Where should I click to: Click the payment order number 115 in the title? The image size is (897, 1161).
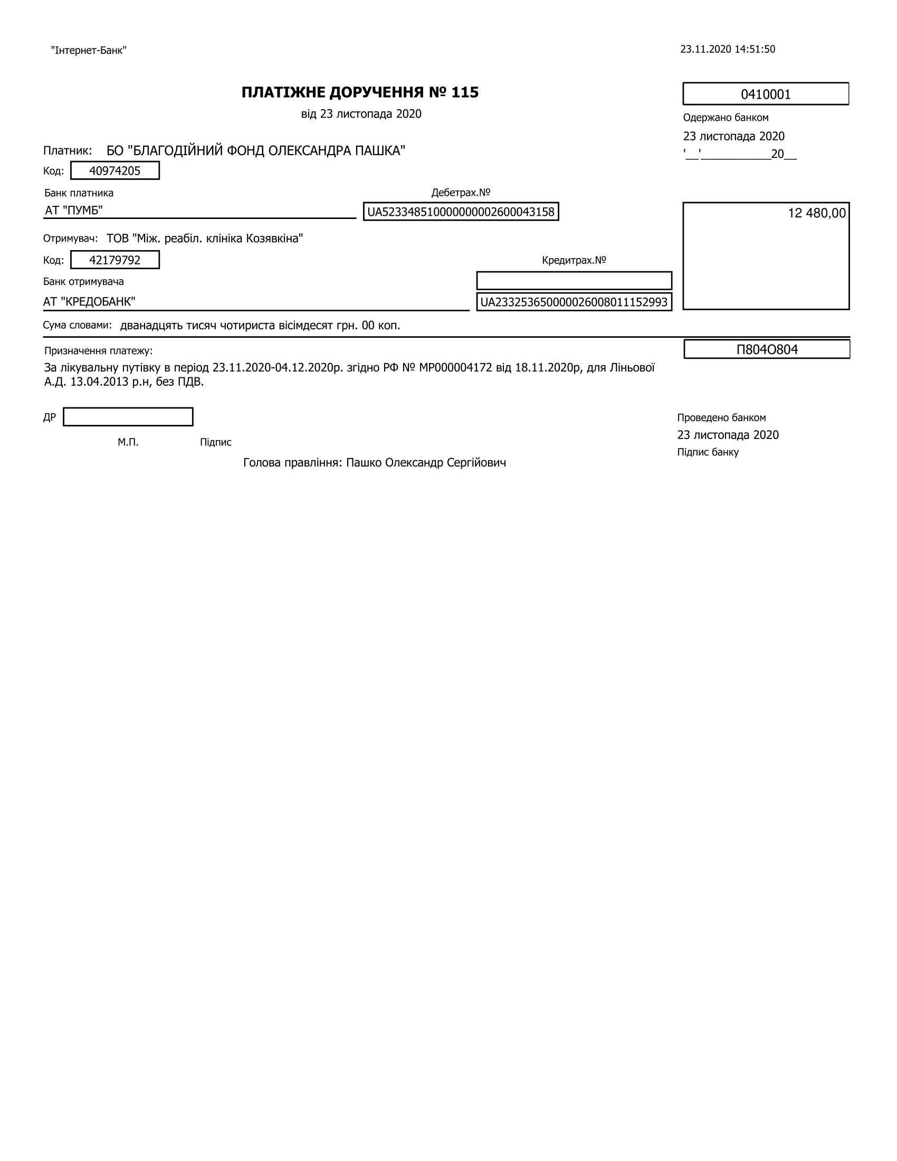[465, 92]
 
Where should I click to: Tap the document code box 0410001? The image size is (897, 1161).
[765, 94]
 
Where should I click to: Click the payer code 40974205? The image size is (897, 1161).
[115, 170]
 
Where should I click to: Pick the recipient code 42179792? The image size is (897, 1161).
[115, 260]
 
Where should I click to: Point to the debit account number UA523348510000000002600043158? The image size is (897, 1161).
[461, 212]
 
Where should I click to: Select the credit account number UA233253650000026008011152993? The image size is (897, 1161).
[574, 302]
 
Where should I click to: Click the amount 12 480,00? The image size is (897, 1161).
[816, 213]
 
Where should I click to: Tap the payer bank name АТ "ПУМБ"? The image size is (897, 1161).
[74, 211]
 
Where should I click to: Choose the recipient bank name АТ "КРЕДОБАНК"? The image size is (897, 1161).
[89, 302]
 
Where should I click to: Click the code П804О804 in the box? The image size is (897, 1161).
[767, 349]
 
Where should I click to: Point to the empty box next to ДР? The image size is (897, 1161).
[128, 417]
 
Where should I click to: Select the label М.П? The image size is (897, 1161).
[128, 442]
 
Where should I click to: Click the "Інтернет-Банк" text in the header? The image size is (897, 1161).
[89, 51]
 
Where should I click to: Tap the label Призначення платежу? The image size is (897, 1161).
[98, 351]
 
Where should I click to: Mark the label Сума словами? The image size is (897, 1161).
[78, 325]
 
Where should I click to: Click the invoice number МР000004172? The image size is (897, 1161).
[455, 367]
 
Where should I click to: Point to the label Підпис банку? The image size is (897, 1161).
[708, 452]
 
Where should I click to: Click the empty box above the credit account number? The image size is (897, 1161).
[574, 280]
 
